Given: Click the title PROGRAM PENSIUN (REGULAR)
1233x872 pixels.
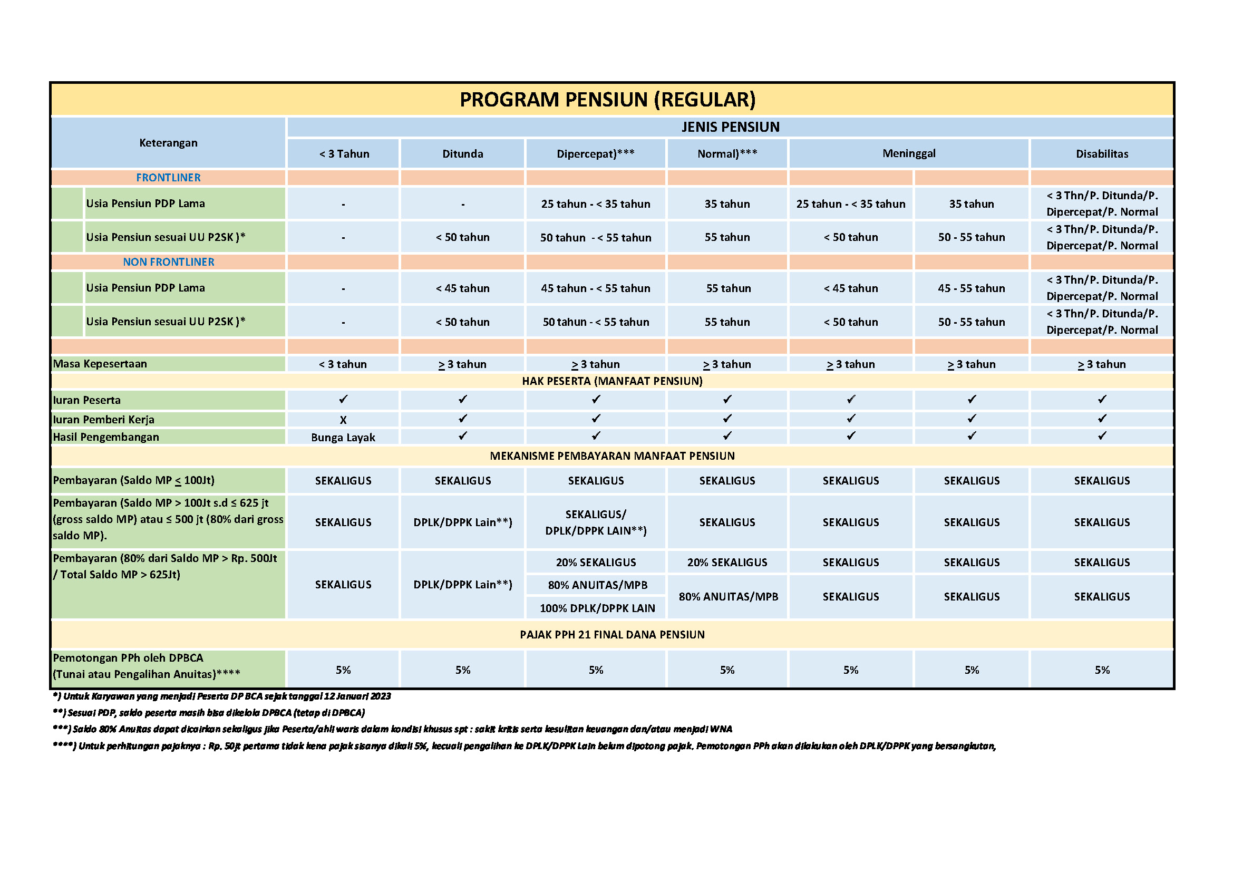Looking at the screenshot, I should click(x=607, y=100).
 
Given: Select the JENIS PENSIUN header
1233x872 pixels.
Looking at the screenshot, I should click(x=730, y=127).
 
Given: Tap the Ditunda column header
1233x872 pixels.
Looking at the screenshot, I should click(x=462, y=154).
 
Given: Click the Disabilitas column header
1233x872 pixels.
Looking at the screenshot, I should click(x=1101, y=154).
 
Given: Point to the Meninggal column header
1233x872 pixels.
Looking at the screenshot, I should click(x=908, y=153).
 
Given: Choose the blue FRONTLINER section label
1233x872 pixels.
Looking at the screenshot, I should click(x=168, y=178).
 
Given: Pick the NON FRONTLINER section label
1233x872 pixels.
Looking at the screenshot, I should click(x=168, y=262).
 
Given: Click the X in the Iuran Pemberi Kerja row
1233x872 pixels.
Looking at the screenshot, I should click(x=343, y=420).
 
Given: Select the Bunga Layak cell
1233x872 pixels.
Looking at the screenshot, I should click(x=343, y=438).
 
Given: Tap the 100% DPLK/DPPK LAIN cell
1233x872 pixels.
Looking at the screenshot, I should click(x=597, y=608).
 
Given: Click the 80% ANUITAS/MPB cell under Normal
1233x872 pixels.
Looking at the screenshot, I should click(x=728, y=597).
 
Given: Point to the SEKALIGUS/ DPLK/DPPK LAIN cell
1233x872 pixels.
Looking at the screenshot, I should click(x=596, y=522).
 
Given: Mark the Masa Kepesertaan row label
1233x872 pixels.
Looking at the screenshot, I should click(x=100, y=364).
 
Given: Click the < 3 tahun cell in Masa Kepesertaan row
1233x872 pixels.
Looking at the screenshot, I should click(x=343, y=365).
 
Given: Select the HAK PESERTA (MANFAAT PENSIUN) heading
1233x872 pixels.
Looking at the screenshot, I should click(x=612, y=381).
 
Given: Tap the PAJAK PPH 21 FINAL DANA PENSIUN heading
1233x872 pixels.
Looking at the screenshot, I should click(x=612, y=635).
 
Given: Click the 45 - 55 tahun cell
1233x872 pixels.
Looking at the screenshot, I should click(x=971, y=288).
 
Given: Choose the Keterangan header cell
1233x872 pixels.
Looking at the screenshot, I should click(x=168, y=143).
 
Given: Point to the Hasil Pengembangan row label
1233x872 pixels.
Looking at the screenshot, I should click(x=106, y=437).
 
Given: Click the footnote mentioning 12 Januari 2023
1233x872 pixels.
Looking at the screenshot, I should click(x=222, y=696).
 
